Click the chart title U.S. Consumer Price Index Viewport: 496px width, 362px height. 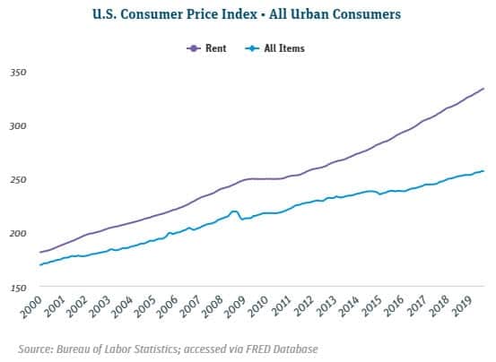[x=247, y=14]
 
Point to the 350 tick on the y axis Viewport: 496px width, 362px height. [x=20, y=72]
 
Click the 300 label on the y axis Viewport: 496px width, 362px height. [x=20, y=125]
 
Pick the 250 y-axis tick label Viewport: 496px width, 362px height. [x=20, y=179]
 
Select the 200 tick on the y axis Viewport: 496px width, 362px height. [x=20, y=233]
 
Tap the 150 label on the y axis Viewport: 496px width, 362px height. [x=20, y=287]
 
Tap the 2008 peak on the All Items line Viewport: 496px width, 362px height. [x=234, y=211]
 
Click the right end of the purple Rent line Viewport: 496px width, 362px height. [x=484, y=88]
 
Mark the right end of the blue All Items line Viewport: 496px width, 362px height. [x=484, y=170]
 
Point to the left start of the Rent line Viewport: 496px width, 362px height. [x=40, y=253]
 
